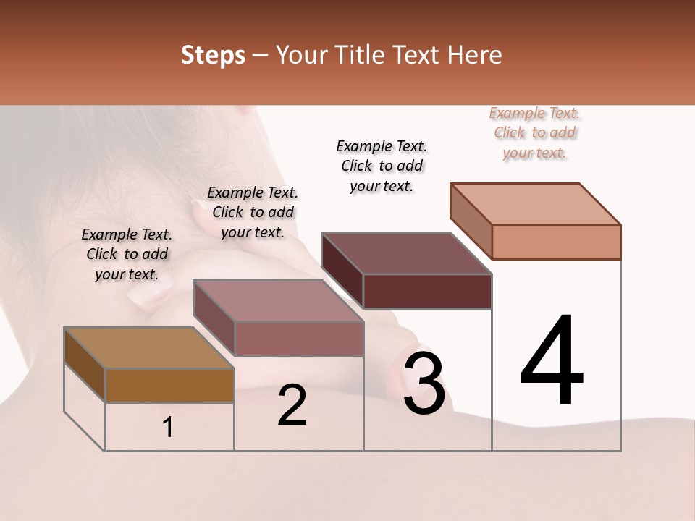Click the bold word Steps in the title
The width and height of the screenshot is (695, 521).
pos(213,55)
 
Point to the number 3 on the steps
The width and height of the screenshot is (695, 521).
pos(424,384)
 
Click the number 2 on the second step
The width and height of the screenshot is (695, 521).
pos(292,405)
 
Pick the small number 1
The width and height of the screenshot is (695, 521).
pos(168,428)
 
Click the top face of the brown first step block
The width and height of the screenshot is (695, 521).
pos(148,348)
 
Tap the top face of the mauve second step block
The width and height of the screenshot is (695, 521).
pos(278,301)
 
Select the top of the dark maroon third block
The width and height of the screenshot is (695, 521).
pos(406,253)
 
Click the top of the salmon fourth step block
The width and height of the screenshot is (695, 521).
pos(535,204)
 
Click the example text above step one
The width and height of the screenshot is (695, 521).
pos(127,254)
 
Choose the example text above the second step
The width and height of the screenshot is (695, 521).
pos(253,212)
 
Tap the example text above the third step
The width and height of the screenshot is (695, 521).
pos(382,166)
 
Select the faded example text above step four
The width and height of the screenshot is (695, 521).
pos(534,132)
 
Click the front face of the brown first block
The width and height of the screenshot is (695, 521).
pos(169,385)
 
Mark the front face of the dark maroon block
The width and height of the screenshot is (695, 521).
pos(427,291)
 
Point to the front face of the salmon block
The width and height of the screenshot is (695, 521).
pos(556,242)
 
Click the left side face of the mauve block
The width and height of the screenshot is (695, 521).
pos(214,318)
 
